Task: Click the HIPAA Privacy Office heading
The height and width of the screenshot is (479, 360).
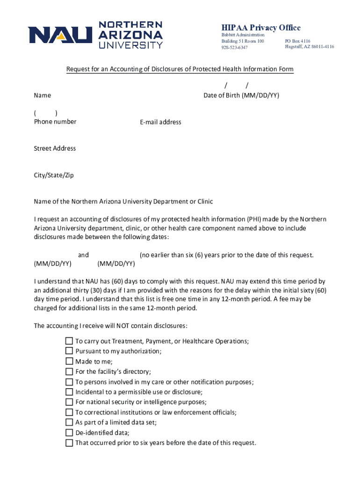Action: [x=261, y=28]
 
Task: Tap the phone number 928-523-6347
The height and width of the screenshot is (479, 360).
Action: [x=235, y=48]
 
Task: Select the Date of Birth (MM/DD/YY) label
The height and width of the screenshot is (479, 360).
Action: [x=241, y=95]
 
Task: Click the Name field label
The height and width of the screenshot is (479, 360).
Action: [x=43, y=95]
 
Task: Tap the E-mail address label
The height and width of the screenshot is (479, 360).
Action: [x=160, y=122]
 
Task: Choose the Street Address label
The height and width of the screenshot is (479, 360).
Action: [x=55, y=148]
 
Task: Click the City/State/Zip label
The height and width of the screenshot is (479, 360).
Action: [x=54, y=175]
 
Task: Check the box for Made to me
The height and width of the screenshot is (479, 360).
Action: [x=69, y=362]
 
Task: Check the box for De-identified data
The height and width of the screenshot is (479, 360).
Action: [x=69, y=433]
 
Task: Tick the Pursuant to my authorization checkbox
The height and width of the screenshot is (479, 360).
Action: [x=69, y=351]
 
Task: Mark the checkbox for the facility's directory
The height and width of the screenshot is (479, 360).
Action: [x=69, y=372]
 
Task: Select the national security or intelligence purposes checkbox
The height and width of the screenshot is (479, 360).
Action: [x=69, y=402]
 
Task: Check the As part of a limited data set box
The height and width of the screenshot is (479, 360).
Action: [x=69, y=422]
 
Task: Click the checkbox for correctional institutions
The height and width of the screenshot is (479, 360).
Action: [x=69, y=413]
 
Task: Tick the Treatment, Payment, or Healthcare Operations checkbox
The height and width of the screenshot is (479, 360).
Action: [x=69, y=341]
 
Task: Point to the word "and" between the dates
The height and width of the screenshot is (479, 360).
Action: [x=83, y=255]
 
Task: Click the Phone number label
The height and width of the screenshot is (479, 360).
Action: [x=55, y=122]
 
